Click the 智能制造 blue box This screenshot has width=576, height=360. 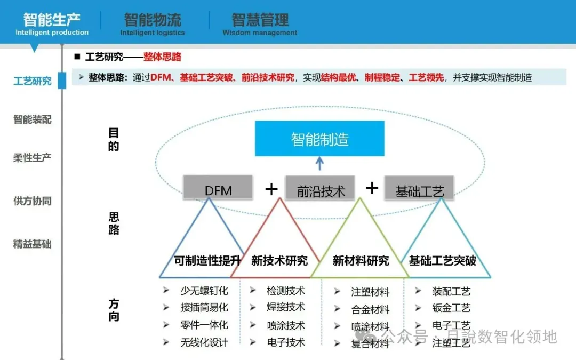tap(319, 139)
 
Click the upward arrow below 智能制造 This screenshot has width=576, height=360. tap(319, 163)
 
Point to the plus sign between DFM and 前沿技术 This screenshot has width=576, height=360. tap(271, 189)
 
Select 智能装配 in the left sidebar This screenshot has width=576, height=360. tap(33, 119)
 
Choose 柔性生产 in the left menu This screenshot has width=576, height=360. tap(33, 158)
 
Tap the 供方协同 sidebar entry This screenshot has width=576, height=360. tap(33, 201)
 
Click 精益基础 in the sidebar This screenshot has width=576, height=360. tap(33, 244)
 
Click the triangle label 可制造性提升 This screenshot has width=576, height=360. tap(208, 261)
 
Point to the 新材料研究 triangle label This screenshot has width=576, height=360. tap(361, 261)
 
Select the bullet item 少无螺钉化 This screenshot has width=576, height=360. tap(204, 291)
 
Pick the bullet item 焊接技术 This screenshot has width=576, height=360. tap(286, 307)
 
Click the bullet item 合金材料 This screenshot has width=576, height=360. tap(370, 309)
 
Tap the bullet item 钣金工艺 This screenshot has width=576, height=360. tap(451, 308)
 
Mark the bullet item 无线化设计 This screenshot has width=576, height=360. tap(204, 342)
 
